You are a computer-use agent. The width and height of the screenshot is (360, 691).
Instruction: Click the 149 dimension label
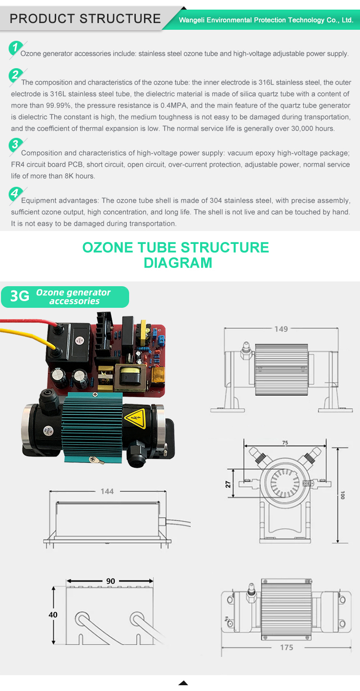click(x=281, y=329)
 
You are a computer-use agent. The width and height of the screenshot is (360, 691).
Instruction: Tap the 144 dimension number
click(x=107, y=491)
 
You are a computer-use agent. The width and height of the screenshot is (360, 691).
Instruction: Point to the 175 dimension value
click(x=287, y=647)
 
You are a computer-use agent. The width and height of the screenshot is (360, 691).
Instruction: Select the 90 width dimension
click(x=110, y=581)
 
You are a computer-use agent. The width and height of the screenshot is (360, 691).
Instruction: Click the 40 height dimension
click(x=53, y=615)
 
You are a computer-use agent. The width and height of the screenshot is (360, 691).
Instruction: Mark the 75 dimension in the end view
click(x=285, y=443)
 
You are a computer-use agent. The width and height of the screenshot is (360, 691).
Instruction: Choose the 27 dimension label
click(x=228, y=484)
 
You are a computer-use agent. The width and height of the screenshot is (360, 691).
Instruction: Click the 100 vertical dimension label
click(x=342, y=495)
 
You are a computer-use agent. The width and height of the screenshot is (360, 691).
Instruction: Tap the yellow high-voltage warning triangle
click(x=135, y=418)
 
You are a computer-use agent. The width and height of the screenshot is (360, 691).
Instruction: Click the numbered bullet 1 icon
click(x=15, y=48)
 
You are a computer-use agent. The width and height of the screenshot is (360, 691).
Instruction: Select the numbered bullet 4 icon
click(x=15, y=194)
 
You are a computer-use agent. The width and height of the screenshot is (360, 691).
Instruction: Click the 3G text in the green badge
click(x=20, y=296)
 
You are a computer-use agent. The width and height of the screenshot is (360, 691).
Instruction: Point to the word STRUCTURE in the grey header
click(x=120, y=19)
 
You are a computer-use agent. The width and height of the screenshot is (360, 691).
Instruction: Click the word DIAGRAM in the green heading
click(x=178, y=263)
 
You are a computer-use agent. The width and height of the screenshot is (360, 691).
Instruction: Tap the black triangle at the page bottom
click(x=183, y=683)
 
